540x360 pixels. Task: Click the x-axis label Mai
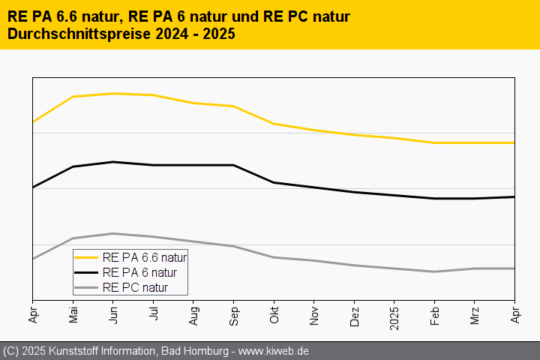(73, 313)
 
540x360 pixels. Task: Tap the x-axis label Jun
(113, 313)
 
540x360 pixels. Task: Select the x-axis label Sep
(234, 313)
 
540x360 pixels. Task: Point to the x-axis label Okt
(274, 313)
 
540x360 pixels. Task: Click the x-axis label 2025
(394, 316)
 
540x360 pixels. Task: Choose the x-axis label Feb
(435, 313)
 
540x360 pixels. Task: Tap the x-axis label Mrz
(475, 313)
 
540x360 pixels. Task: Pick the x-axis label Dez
(354, 313)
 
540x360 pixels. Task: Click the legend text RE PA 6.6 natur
(144, 257)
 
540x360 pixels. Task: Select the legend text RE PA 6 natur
(139, 272)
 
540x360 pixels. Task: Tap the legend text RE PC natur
(135, 287)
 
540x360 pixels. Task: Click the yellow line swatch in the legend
(87, 257)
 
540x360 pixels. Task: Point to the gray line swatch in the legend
(87, 287)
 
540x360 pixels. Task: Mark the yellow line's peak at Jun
(113, 94)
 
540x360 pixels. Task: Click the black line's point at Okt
(274, 182)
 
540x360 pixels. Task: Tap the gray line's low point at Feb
(435, 271)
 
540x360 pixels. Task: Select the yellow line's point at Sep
(234, 106)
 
